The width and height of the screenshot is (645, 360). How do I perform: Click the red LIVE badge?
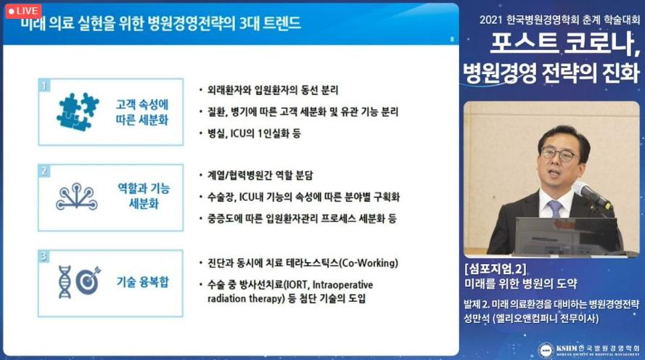(x=23, y=11)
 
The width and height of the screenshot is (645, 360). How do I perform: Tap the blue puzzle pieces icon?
(x=78, y=111)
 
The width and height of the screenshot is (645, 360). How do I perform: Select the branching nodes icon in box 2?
(x=76, y=197)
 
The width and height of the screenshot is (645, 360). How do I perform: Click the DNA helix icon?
(x=65, y=282)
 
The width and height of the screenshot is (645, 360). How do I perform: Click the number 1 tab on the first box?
(x=44, y=85)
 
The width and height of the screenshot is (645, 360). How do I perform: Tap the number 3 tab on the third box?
(x=44, y=256)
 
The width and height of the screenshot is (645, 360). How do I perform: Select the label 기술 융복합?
(x=143, y=282)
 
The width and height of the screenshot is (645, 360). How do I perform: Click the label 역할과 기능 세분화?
(x=144, y=196)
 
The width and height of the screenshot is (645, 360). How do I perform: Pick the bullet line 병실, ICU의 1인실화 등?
(x=254, y=134)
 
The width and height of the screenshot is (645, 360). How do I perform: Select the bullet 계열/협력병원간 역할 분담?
(x=260, y=175)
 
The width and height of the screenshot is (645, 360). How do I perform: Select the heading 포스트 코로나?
(x=564, y=44)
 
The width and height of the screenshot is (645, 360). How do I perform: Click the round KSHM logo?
(x=546, y=350)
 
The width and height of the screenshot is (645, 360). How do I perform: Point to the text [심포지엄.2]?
(x=495, y=269)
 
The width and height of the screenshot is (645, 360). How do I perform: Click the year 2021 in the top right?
(x=491, y=20)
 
